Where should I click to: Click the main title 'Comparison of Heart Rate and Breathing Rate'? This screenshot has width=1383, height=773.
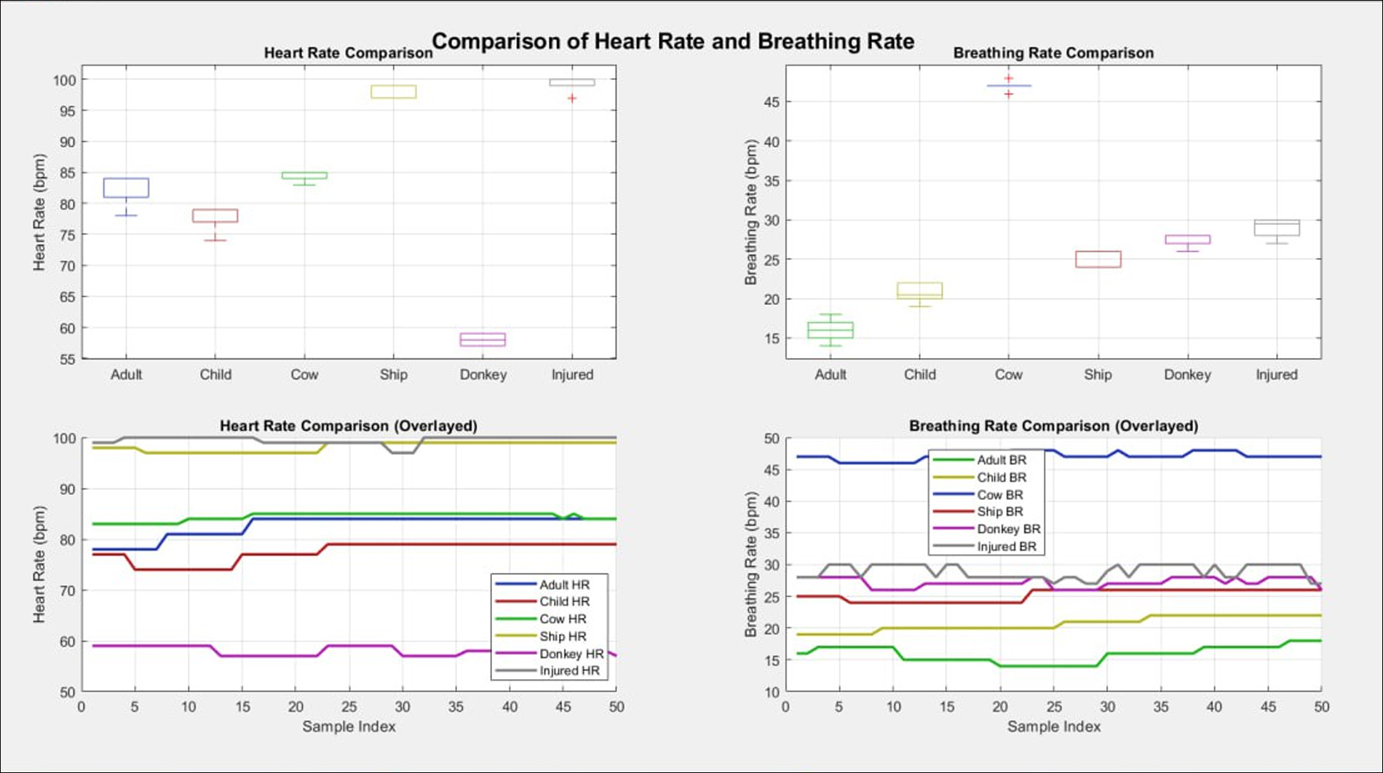(673, 41)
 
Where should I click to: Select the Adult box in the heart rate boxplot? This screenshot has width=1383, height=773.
(126, 188)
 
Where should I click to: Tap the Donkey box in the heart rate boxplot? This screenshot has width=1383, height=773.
(483, 339)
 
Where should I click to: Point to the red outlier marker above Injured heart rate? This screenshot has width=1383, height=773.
(572, 98)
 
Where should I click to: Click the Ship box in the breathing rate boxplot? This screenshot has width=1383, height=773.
(1098, 259)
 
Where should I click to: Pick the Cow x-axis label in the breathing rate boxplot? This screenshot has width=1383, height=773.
(1008, 374)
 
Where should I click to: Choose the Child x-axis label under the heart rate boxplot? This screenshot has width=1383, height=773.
(215, 374)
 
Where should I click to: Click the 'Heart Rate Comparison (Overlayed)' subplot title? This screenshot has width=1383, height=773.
(349, 426)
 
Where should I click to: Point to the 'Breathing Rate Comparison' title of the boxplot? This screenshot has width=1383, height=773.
(1053, 53)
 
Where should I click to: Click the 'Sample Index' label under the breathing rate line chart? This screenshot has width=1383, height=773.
(1053, 726)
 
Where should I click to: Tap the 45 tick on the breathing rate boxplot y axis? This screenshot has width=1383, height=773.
(771, 103)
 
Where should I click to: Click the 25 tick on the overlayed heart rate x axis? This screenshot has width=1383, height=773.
(349, 707)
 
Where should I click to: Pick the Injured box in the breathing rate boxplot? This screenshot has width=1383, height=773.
(1277, 228)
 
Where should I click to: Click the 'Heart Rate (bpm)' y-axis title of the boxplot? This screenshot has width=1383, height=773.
(39, 212)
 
